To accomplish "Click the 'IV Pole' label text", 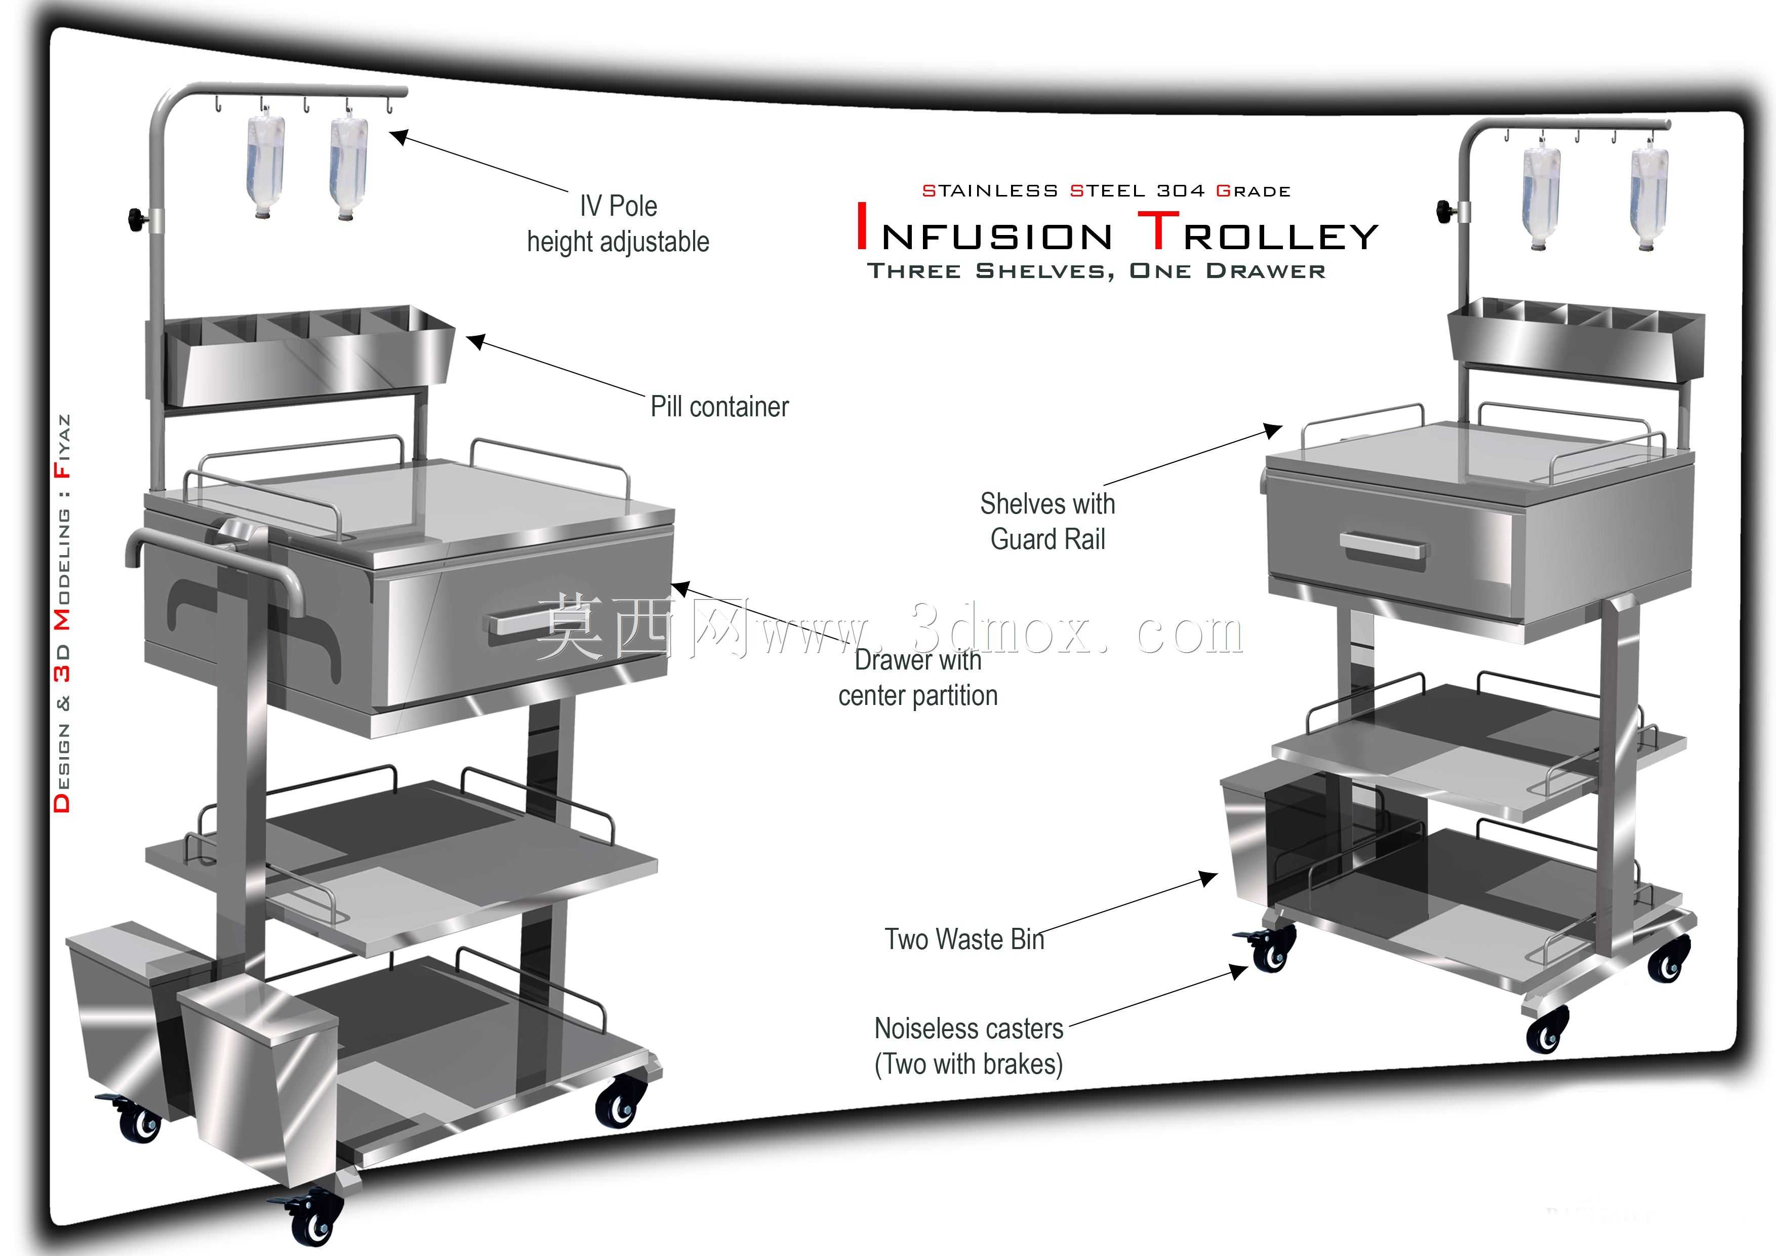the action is (618, 206).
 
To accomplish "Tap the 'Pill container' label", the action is (719, 406).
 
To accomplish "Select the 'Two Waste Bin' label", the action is (964, 939).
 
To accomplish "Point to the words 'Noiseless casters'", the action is (968, 1029).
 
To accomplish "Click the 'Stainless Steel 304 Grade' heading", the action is (1106, 190).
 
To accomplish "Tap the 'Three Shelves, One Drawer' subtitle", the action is (1096, 271).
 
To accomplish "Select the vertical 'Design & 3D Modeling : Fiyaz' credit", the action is (62, 613).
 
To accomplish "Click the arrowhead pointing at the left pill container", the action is (476, 342).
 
